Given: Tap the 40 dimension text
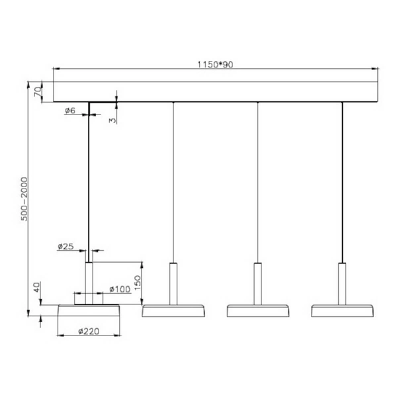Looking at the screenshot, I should (x=38, y=289).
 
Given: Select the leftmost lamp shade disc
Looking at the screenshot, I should (x=89, y=311).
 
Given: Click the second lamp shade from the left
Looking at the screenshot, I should (x=173, y=310).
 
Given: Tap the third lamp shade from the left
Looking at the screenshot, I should (x=257, y=310).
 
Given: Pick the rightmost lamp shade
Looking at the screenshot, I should (x=342, y=310).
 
